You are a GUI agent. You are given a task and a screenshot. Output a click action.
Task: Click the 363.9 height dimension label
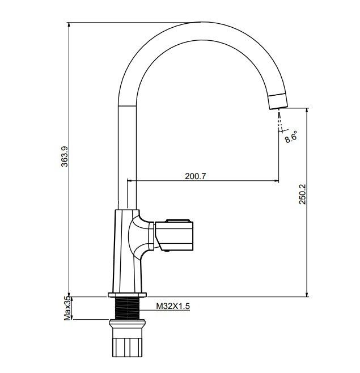[65, 156]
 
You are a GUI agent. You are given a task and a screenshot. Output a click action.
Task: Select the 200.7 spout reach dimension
[196, 176]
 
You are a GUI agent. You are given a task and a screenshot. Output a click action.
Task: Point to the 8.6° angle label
[291, 137]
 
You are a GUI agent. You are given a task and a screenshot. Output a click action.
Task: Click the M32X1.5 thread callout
[173, 306]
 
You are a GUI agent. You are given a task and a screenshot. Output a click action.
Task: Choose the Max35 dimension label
[67, 308]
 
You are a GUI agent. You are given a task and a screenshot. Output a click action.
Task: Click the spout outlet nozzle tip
[278, 101]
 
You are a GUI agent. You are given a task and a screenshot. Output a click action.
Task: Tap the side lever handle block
[174, 235]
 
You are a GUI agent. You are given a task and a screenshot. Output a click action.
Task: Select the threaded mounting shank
[128, 308]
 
